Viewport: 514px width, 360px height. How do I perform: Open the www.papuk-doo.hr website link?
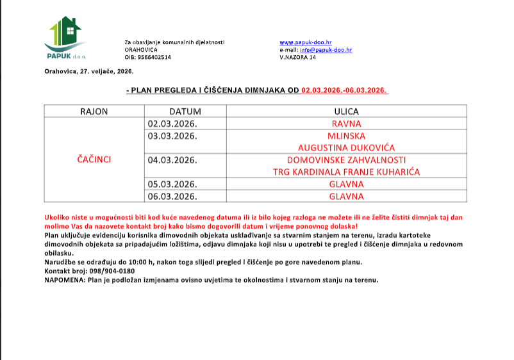point(306,42)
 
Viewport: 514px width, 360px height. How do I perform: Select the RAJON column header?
point(94,111)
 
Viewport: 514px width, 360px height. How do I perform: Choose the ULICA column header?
point(346,111)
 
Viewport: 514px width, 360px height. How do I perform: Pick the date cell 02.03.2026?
point(172,124)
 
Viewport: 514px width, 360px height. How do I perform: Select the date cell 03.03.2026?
point(172,136)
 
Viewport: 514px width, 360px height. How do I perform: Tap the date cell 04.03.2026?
point(172,160)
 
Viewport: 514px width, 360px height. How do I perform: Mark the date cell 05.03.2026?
point(172,184)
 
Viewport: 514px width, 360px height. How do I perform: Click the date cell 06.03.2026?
point(172,197)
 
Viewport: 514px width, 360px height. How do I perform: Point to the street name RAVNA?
point(346,124)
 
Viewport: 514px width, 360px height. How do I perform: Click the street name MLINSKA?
point(346,136)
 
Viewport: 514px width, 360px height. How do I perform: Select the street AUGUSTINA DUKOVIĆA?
point(346,148)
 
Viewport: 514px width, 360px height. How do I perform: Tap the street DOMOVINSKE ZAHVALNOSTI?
point(346,160)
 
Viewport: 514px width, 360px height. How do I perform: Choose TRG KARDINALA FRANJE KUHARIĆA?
point(346,172)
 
